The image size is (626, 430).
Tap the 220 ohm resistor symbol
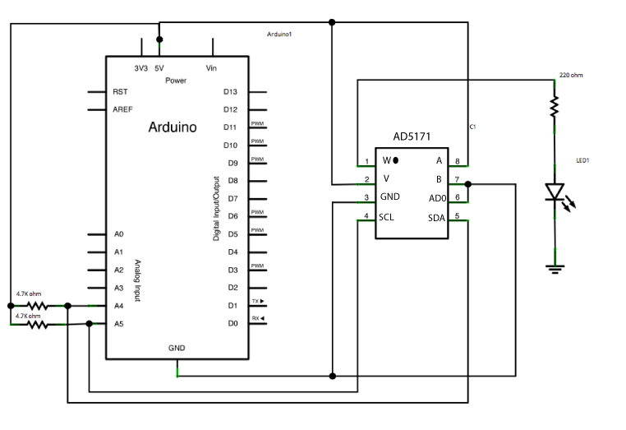coord(555,105)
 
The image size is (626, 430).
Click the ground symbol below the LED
coord(555,266)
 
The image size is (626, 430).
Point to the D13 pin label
coord(230,91)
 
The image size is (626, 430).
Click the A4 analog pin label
coord(119,306)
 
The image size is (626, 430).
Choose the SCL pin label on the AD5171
coord(387,217)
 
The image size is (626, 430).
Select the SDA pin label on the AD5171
coord(435,217)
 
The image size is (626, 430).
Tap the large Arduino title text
coord(172,127)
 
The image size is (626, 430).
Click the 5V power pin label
coord(159,68)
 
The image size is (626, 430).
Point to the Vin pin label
coord(212,68)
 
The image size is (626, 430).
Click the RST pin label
coord(120,91)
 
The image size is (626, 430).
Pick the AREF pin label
coord(123,109)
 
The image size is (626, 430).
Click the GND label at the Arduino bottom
coord(177,348)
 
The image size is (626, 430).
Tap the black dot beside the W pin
coord(395,160)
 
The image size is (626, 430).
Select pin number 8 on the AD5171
coord(458,160)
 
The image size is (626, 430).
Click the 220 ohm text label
coord(570,75)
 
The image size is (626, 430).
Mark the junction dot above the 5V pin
coord(159,39)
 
